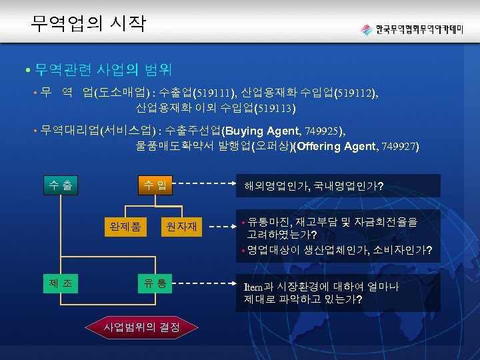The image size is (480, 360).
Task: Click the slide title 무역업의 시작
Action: click(x=87, y=24)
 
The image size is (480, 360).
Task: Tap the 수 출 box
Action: click(x=60, y=185)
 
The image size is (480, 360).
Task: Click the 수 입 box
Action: click(x=155, y=185)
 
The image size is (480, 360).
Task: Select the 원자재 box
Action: click(x=182, y=227)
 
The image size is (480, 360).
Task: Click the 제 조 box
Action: click(x=61, y=283)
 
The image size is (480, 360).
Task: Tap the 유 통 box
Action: click(x=155, y=283)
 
